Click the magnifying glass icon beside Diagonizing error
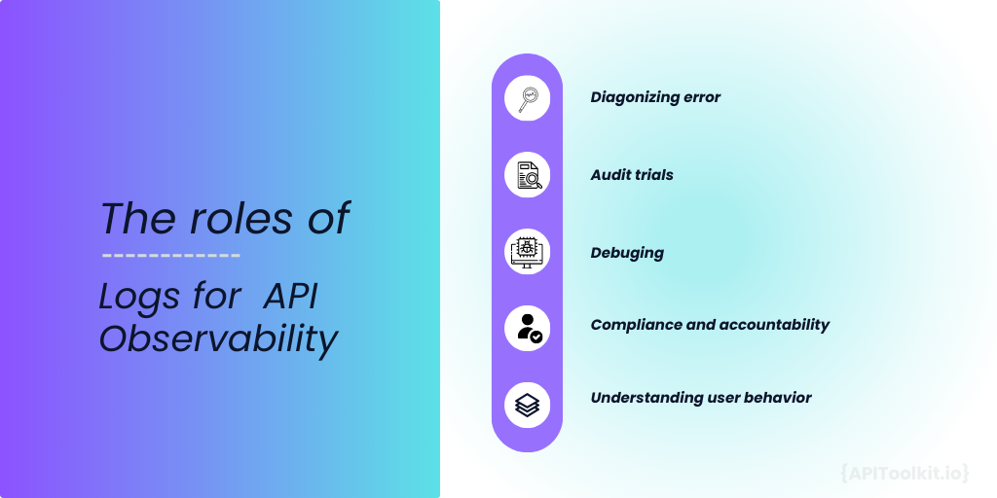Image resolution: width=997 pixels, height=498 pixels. (527, 98)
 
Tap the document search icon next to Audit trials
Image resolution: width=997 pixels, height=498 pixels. (527, 175)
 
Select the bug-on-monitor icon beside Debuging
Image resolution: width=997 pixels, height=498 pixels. (527, 252)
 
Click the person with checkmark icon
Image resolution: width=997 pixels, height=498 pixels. (527, 328)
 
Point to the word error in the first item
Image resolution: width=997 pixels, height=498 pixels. (701, 97)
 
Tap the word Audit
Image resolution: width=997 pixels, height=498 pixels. (610, 175)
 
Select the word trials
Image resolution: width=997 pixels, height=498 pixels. (654, 175)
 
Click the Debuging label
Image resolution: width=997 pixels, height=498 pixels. (627, 253)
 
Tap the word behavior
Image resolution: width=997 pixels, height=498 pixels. (775, 397)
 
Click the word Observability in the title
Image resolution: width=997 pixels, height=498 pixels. (218, 338)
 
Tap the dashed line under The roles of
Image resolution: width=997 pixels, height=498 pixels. (171, 257)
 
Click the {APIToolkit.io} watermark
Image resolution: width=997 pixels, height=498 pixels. (904, 473)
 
